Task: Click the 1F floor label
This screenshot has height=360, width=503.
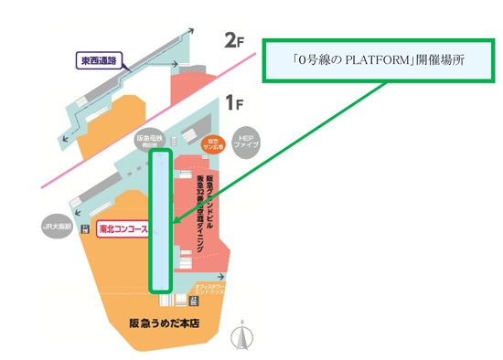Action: point(234,101)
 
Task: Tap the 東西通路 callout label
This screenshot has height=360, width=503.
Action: point(100,62)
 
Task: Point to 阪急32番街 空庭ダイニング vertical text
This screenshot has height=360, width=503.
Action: point(196,211)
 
